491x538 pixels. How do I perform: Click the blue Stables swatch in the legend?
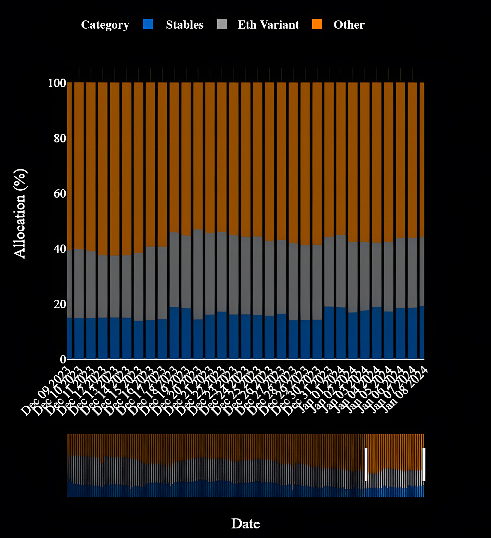pos(148,24)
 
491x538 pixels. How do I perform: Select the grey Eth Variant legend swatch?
pos(222,24)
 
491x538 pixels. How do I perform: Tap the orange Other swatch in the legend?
pos(317,24)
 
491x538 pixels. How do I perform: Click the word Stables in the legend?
pos(185,25)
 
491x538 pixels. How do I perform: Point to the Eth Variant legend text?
pos(268,25)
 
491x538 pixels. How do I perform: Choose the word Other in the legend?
pos(349,25)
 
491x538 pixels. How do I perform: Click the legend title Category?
pos(105,25)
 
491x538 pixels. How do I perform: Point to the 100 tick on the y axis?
pos(57,83)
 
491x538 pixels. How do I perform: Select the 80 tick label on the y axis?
pos(60,138)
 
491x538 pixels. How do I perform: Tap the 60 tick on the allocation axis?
pos(60,194)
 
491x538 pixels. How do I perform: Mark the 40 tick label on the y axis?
pos(60,249)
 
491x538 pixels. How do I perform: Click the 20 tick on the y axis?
pos(60,304)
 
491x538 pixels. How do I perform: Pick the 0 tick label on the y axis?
pos(63,360)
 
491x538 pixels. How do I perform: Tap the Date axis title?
pos(245,524)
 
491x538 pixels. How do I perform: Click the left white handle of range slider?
pos(366,464)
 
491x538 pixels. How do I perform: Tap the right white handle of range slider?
pos(424,464)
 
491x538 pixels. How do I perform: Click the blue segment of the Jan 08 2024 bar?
pos(422,332)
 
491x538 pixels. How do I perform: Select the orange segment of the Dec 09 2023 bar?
pos(70,166)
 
